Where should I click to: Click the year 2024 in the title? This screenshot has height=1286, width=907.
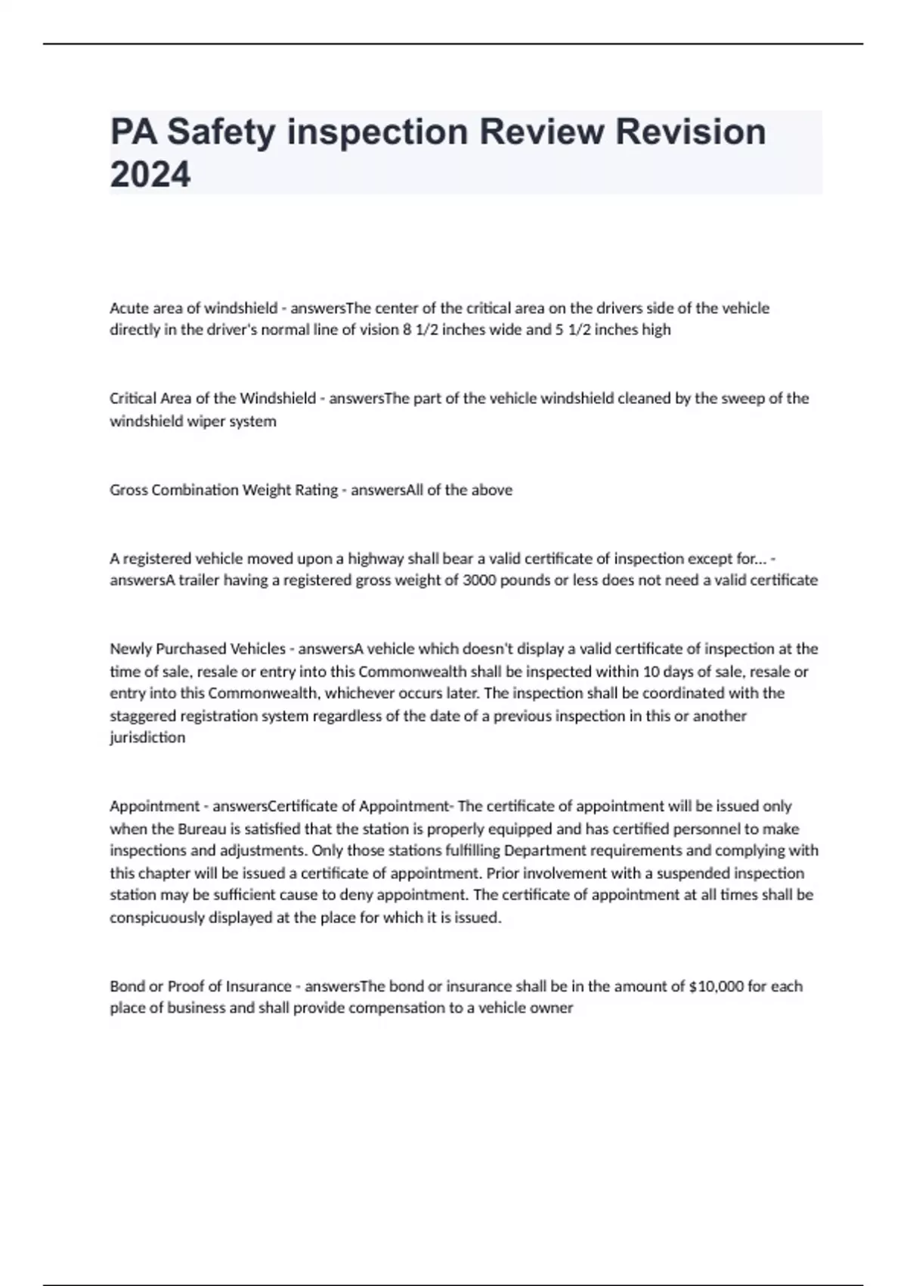pyautogui.click(x=150, y=175)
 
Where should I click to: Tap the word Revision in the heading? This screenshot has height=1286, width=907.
pyautogui.click(x=691, y=132)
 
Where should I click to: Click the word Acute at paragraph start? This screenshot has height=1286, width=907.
pyautogui.click(x=128, y=308)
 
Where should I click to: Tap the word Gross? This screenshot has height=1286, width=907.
pyautogui.click(x=128, y=490)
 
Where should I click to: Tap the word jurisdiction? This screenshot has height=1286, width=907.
pyautogui.click(x=147, y=738)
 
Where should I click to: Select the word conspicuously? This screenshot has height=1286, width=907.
pyautogui.click(x=154, y=918)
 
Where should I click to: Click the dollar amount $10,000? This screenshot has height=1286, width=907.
pyautogui.click(x=717, y=986)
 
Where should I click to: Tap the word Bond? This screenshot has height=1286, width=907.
pyautogui.click(x=126, y=986)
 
